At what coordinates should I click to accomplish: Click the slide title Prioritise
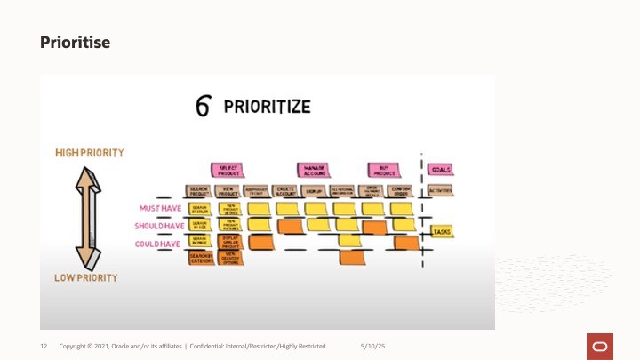(75, 42)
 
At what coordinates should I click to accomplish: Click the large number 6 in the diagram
(204, 107)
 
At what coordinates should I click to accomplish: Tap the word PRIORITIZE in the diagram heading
(267, 107)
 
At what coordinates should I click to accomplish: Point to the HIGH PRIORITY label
(90, 153)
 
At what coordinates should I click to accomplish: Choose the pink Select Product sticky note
(227, 169)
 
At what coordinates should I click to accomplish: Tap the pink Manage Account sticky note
(312, 169)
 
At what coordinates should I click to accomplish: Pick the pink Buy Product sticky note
(384, 169)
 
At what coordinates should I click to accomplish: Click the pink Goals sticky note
(440, 169)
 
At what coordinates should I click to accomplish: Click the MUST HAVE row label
(161, 209)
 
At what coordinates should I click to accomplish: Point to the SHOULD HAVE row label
(158, 226)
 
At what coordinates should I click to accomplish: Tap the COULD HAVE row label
(159, 243)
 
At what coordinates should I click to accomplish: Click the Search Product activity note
(198, 191)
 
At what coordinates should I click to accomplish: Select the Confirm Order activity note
(402, 191)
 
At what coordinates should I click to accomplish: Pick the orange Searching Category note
(201, 258)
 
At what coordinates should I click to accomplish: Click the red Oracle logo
(598, 345)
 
